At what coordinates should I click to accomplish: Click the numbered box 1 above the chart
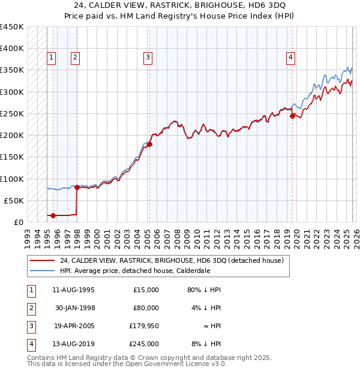pos(51,58)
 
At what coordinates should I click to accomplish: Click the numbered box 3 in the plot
pos(147,58)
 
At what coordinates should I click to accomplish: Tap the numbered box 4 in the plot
pos(290,58)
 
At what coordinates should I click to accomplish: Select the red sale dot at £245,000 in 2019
pos(293,116)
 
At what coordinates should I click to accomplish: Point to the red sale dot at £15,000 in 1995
pos(53,215)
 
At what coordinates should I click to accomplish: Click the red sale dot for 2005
pos(150,144)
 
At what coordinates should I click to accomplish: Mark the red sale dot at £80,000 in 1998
pos(77,187)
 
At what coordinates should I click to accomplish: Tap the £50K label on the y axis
pos(14,200)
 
